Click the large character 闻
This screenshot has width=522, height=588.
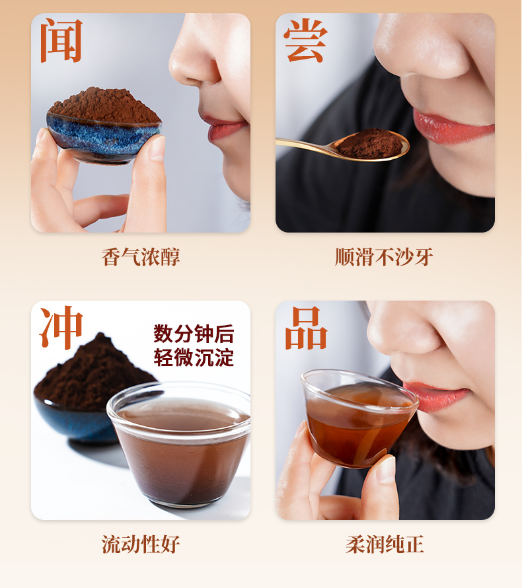[x=61, y=40]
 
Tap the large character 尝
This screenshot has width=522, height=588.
[x=306, y=40]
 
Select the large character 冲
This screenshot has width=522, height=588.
[x=61, y=328]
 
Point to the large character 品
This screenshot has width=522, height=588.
[x=306, y=328]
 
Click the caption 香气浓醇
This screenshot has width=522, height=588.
[x=141, y=257]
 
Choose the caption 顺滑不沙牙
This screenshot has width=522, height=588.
[x=384, y=257]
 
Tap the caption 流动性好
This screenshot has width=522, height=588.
[x=141, y=544]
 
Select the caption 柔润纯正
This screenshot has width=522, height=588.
[x=385, y=544]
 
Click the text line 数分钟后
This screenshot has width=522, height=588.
[x=194, y=334]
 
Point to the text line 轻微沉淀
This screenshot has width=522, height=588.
[x=194, y=357]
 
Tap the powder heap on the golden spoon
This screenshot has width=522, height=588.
[x=369, y=143]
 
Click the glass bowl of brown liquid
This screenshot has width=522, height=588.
[x=179, y=445]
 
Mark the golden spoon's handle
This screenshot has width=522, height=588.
[x=306, y=145]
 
